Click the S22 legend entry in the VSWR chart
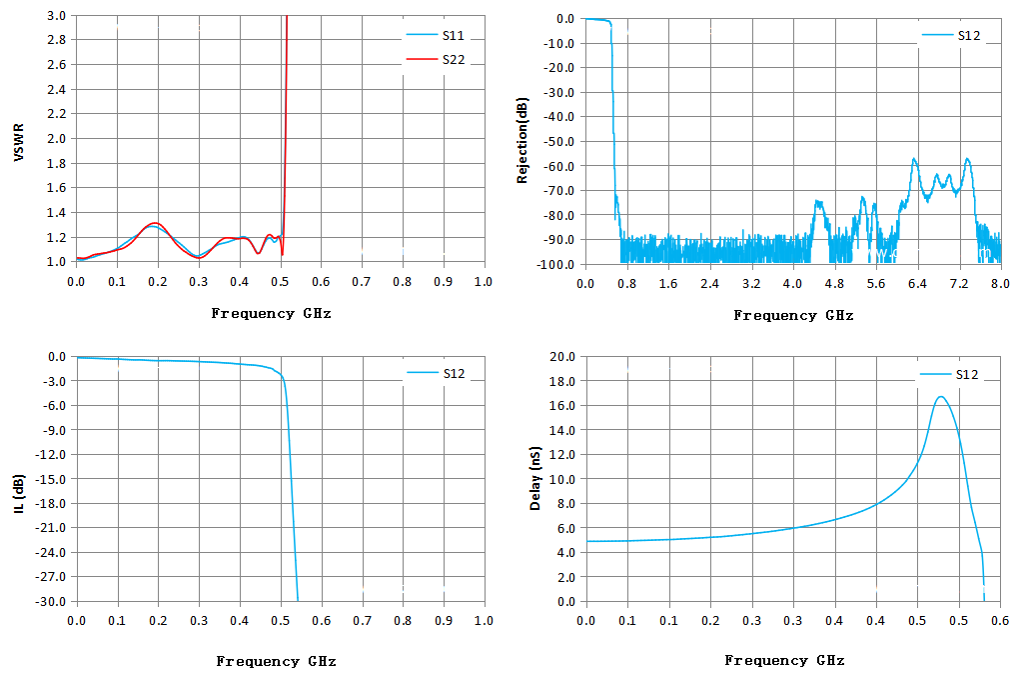coord(436,60)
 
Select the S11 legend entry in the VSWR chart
coord(436,35)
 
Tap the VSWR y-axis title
coord(19,142)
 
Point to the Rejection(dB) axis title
coord(522,140)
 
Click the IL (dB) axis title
coord(19,494)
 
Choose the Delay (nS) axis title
coord(535,478)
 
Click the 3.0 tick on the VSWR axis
coord(56,16)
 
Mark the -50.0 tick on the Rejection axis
coord(559,141)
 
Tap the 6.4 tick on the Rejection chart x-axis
coord(917,284)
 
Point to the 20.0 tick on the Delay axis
coord(562,356)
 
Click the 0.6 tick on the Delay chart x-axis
coord(999,621)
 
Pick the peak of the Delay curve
coord(940,397)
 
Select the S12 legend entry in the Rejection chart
coord(951,36)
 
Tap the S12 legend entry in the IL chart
coord(436,373)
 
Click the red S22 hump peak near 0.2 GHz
coord(155,223)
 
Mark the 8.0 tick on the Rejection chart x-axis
coord(999,284)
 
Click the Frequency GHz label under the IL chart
coord(277,661)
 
